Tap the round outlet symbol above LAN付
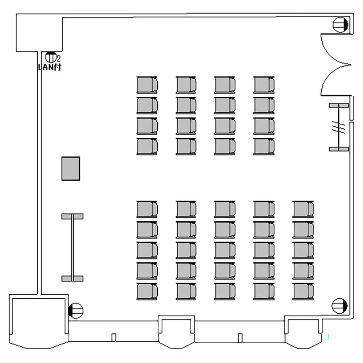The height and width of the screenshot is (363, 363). pyautogui.click(x=50, y=57)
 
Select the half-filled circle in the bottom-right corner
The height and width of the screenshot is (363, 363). pyautogui.click(x=339, y=305)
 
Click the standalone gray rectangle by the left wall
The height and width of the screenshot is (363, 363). pyautogui.click(x=71, y=168)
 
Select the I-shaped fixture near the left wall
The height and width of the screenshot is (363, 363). pyautogui.click(x=72, y=247)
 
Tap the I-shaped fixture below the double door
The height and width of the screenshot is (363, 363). pyautogui.click(x=339, y=127)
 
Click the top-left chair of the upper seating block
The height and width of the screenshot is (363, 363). pyautogui.click(x=147, y=85)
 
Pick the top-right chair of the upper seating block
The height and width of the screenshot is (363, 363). pyautogui.click(x=264, y=85)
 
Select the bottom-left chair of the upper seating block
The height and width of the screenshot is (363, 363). pyautogui.click(x=147, y=147)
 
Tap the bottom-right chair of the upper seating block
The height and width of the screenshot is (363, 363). pyautogui.click(x=264, y=147)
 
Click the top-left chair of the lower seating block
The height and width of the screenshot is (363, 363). pyautogui.click(x=147, y=209)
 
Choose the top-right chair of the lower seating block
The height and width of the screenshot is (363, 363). pyautogui.click(x=303, y=209)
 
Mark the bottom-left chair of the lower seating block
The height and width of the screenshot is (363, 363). pyautogui.click(x=147, y=291)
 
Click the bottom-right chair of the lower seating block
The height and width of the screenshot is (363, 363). pyautogui.click(x=303, y=291)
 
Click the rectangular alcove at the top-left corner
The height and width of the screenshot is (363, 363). pyautogui.click(x=39, y=33)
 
